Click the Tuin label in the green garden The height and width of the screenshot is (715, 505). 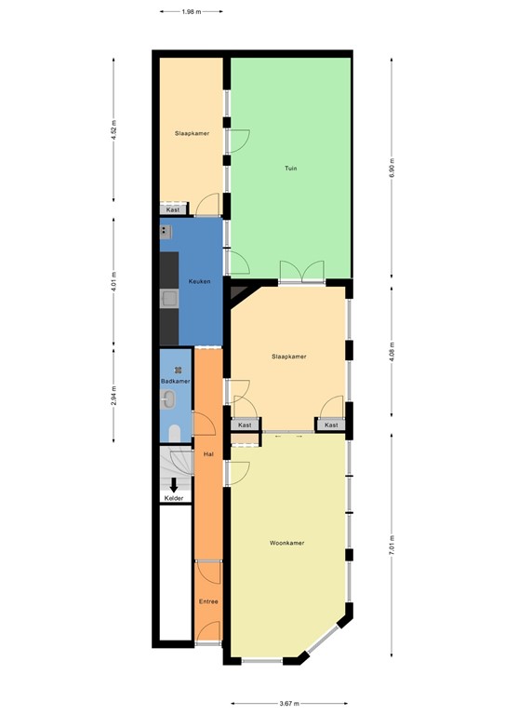point(290,169)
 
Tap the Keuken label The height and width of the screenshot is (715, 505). point(199,281)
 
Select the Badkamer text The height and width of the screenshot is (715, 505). point(175,381)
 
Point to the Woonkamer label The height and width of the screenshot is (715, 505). point(287,543)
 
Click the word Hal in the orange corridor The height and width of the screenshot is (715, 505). point(207,453)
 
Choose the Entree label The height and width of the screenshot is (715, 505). point(208,601)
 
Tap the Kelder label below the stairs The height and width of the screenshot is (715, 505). point(174,498)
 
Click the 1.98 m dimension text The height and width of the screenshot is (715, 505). point(191,12)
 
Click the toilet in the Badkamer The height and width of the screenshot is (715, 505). point(175,432)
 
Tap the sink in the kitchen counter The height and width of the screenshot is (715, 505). point(169,298)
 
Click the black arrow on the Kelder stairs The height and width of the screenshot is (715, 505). point(174,483)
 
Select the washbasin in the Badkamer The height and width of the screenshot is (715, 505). point(168,400)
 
